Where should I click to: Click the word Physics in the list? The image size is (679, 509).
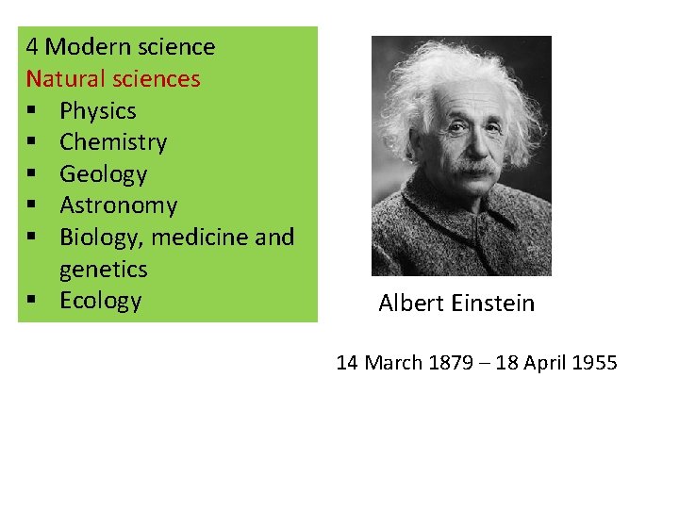click(x=97, y=111)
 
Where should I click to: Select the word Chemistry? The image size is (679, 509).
click(x=113, y=142)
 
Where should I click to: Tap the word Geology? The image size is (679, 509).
click(x=104, y=174)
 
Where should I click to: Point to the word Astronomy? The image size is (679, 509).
click(x=118, y=205)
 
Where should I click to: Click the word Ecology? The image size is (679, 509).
click(x=100, y=301)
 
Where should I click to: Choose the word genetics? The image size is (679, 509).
click(x=104, y=270)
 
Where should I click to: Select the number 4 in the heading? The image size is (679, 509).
click(x=33, y=47)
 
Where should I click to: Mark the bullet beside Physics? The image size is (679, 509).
click(x=32, y=111)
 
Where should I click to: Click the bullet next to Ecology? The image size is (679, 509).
click(x=32, y=301)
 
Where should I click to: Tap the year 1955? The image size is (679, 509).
click(x=593, y=363)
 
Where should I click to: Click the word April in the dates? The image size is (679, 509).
click(x=543, y=363)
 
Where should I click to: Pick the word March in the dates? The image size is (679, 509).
click(x=392, y=363)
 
